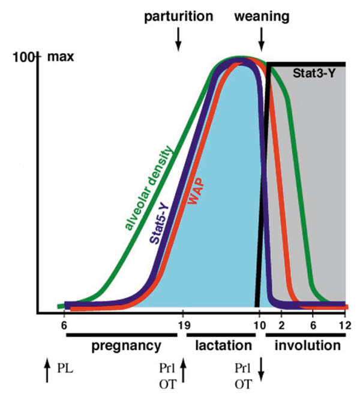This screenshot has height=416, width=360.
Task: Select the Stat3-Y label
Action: click(314, 74)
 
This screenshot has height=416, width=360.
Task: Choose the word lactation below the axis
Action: click(223, 346)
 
